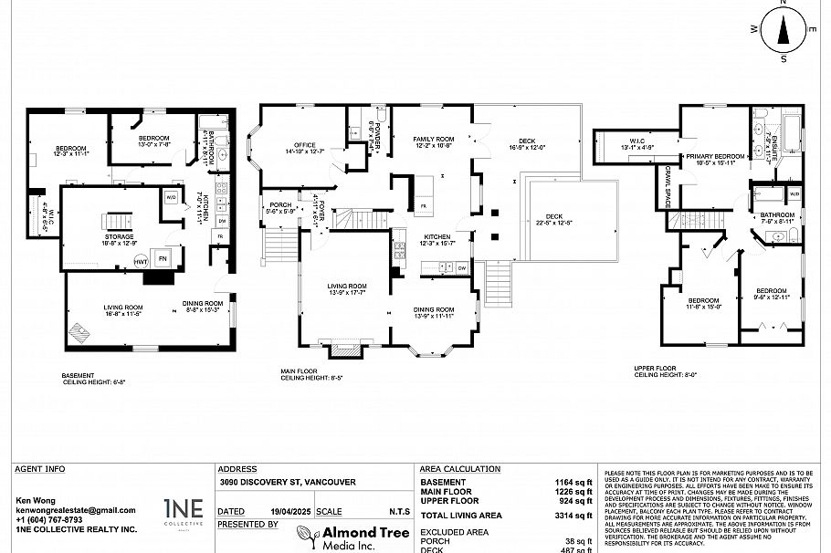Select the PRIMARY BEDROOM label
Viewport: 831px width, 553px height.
(x=717, y=156)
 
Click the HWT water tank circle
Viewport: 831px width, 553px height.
(x=142, y=261)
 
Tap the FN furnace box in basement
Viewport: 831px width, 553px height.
(x=164, y=259)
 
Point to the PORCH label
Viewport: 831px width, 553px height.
(x=279, y=205)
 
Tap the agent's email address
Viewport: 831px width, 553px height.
(x=75, y=510)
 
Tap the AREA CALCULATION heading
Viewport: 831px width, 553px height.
(x=458, y=469)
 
